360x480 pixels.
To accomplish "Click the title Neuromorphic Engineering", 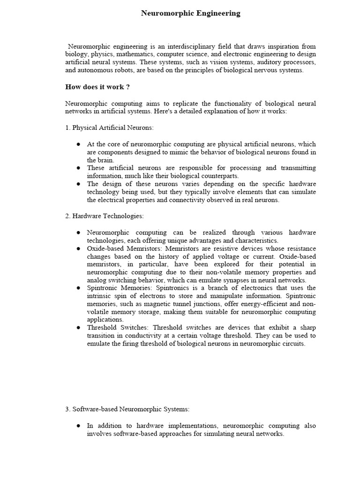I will [191, 14].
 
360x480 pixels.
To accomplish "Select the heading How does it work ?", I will [97, 87].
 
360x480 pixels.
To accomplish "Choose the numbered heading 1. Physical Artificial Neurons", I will [109, 127].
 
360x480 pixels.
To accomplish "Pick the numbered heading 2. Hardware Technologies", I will [105, 216].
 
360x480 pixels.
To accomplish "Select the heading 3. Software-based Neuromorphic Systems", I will [127, 409].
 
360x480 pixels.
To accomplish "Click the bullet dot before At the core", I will [78, 144].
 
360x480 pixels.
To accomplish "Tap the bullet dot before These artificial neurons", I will [78, 168].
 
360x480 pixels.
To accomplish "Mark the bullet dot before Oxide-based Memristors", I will [78, 248].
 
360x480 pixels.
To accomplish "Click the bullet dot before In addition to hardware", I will [78, 426].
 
